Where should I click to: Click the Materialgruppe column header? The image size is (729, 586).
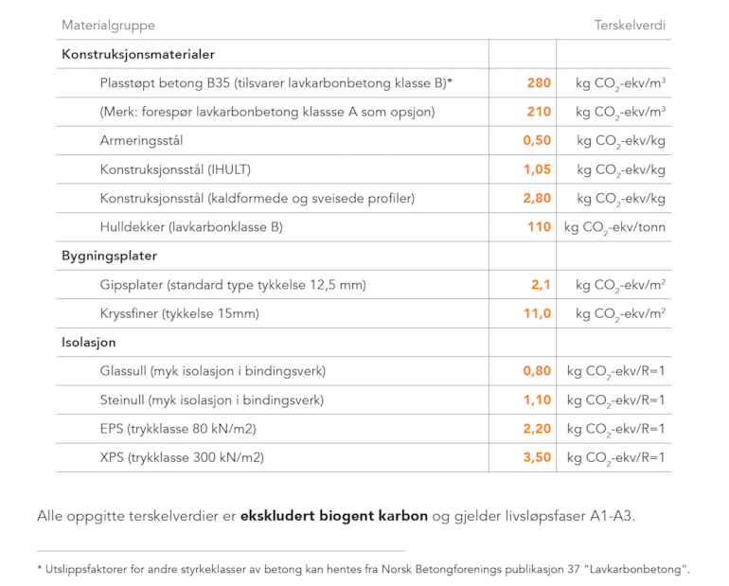tap(108, 26)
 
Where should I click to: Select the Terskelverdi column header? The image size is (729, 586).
tap(630, 26)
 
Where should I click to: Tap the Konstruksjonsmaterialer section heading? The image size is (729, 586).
tap(138, 54)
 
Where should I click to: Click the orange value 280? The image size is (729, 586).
tap(539, 82)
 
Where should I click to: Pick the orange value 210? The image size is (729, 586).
tap(539, 112)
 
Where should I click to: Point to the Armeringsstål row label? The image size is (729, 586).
tap(141, 141)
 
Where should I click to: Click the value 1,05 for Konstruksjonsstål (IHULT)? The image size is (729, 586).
tap(537, 169)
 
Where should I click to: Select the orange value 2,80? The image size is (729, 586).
tap(537, 199)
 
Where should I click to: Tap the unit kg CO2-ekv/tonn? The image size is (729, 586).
tap(614, 228)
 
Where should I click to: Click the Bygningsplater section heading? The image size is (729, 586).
tap(109, 256)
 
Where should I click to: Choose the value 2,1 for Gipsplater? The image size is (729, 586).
tap(542, 285)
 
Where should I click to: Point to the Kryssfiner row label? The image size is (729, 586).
tap(180, 313)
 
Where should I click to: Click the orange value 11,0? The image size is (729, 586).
tap(538, 313)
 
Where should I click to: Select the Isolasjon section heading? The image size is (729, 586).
tap(89, 343)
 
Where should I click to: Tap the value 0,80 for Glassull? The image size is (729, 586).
tap(537, 371)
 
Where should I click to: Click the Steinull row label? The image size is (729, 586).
tap(211, 400)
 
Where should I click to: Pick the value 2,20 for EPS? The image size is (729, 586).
tap(537, 429)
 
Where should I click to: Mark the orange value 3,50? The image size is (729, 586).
tap(537, 458)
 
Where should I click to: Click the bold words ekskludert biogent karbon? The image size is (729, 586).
tap(334, 516)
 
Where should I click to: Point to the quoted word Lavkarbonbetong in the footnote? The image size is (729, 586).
tap(634, 570)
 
